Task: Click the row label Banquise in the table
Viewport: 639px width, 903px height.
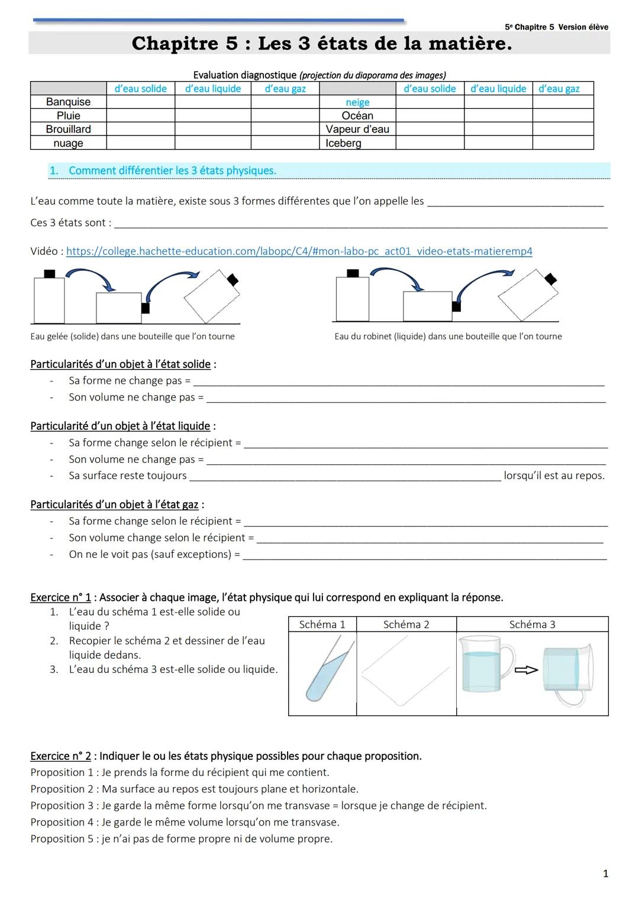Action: pos(68,102)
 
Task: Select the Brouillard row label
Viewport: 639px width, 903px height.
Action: pos(68,129)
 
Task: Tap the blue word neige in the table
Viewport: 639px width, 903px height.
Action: pos(357,102)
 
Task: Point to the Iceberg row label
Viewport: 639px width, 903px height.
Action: pos(343,143)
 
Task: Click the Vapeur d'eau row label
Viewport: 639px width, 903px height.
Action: pos(357,129)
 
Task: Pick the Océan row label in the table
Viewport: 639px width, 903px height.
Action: pos(357,116)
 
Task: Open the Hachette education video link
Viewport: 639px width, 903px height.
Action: pos(299,251)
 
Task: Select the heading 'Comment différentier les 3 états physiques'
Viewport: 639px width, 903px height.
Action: pos(172,171)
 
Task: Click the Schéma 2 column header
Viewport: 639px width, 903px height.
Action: pos(406,624)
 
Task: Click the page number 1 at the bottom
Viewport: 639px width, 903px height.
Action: pos(605,873)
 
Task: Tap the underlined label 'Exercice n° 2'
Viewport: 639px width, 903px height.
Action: pos(60,756)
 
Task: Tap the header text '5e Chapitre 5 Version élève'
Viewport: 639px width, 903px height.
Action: pos(556,27)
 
